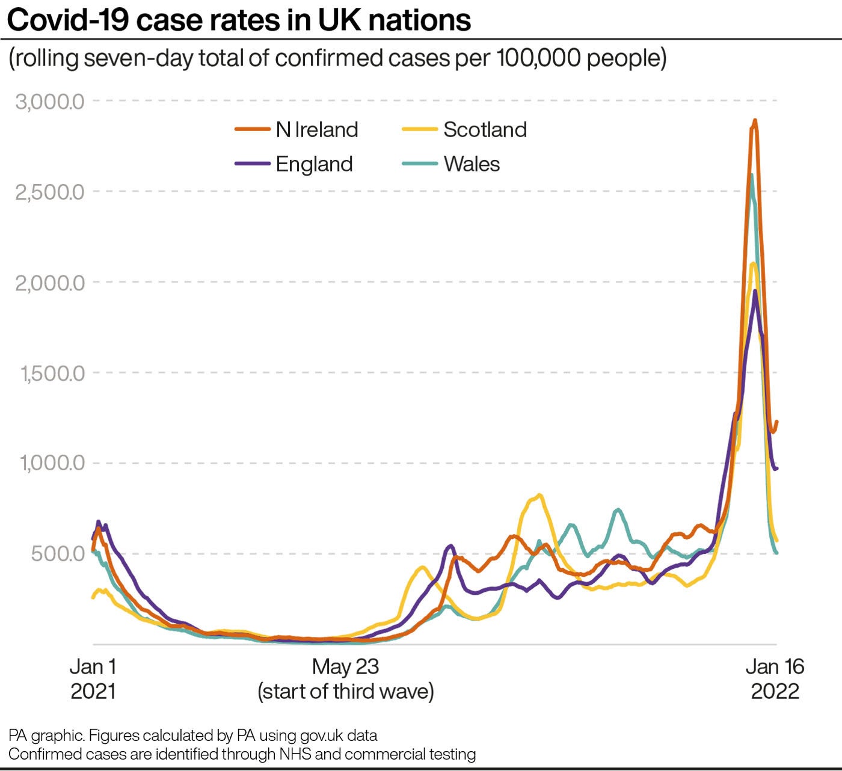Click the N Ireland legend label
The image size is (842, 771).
(317, 129)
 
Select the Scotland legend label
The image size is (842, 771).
(485, 129)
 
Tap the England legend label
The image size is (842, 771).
(314, 164)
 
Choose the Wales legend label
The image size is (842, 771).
(472, 164)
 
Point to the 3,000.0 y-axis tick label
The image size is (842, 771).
(50, 101)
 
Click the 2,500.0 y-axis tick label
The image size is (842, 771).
(50, 192)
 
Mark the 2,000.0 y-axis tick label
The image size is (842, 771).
(50, 282)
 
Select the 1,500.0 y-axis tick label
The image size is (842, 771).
(52, 373)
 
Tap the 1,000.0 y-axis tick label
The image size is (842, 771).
(52, 463)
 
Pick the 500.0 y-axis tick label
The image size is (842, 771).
(58, 553)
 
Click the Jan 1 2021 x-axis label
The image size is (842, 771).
(93, 678)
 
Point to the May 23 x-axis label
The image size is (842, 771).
(346, 667)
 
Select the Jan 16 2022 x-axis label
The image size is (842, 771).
(775, 678)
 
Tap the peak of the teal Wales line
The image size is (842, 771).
(752, 175)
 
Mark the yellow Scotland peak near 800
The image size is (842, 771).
(539, 495)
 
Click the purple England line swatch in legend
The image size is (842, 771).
(252, 164)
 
